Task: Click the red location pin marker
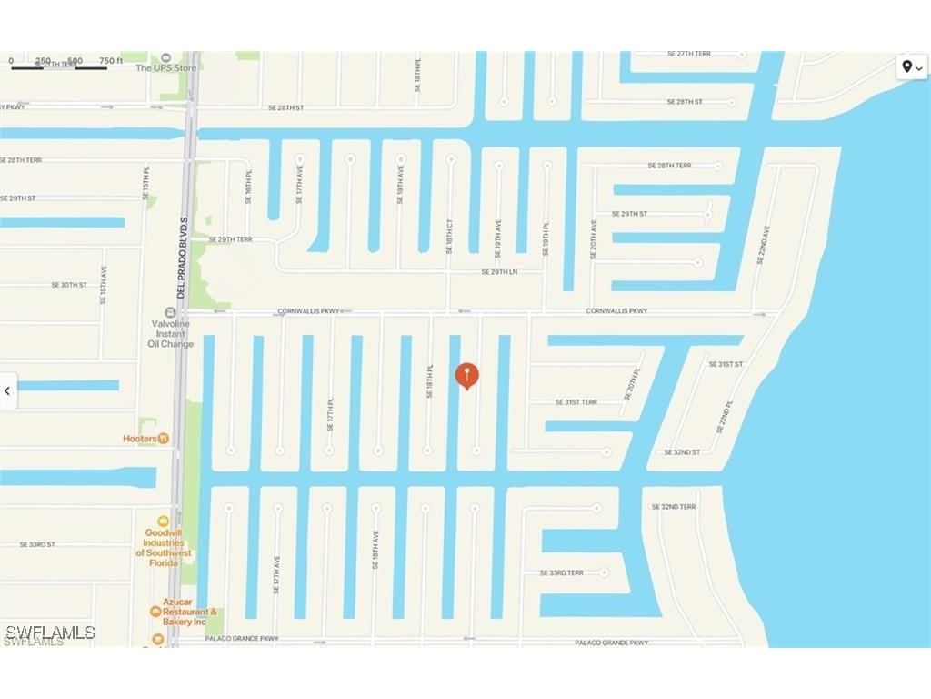(x=466, y=375)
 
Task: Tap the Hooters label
(x=140, y=438)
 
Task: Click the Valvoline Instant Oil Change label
(x=170, y=333)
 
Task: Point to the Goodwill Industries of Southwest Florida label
(x=164, y=542)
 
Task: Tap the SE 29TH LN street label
(x=499, y=271)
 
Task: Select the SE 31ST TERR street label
(x=576, y=401)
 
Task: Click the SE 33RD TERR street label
(x=561, y=572)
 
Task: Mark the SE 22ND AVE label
(x=762, y=245)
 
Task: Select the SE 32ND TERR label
(x=673, y=506)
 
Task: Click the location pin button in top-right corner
(x=911, y=66)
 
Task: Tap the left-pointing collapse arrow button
(x=8, y=391)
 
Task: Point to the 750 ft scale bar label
(x=111, y=61)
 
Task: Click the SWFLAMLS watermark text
(x=50, y=632)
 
